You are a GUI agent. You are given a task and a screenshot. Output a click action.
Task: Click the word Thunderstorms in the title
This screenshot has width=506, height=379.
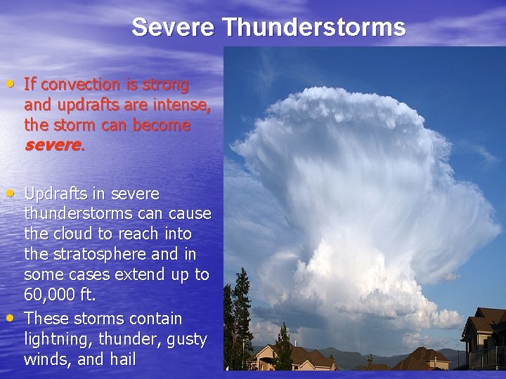314,27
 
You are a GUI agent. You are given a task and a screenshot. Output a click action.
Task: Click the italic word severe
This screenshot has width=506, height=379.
53,146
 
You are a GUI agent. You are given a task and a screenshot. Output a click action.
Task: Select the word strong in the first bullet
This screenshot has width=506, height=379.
166,85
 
